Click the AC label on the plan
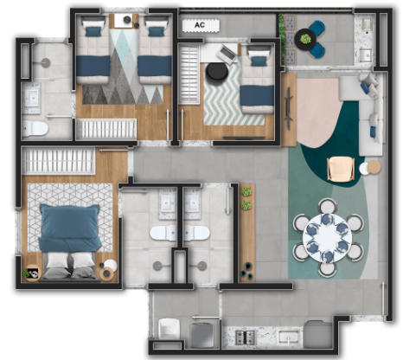200,25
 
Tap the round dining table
327,238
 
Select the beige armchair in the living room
341,170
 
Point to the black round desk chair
217,73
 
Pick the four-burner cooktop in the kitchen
246,337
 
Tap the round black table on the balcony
305,39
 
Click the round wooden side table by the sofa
374,167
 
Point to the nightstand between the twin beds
124,21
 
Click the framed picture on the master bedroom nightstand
33,273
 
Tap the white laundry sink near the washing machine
170,329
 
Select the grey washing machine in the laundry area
202,336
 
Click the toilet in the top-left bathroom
35,129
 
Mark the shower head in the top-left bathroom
45,62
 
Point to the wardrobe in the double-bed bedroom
59,161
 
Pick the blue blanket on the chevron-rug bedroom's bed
257,95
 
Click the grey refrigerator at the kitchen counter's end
318,335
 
